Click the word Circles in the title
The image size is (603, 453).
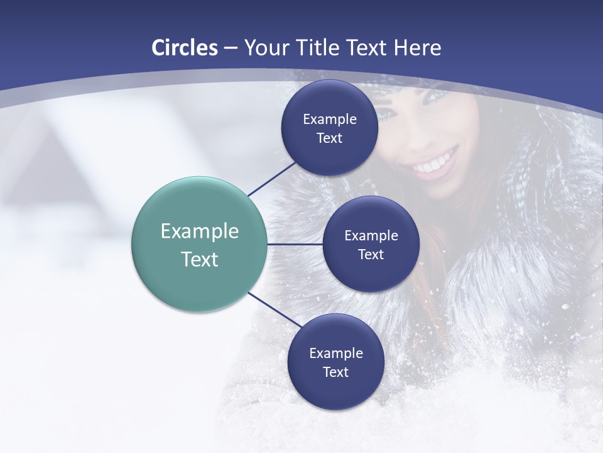(x=185, y=48)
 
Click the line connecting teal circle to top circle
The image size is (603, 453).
(x=271, y=179)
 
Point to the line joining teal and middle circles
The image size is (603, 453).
(x=295, y=244)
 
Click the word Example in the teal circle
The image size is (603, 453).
(x=200, y=231)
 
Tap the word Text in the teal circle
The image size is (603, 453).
(x=200, y=259)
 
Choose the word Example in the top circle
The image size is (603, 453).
(x=330, y=119)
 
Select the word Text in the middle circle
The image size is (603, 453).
(x=371, y=254)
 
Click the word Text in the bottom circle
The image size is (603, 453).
(x=335, y=372)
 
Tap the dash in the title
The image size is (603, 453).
(x=231, y=48)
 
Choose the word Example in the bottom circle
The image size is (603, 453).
(x=336, y=353)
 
